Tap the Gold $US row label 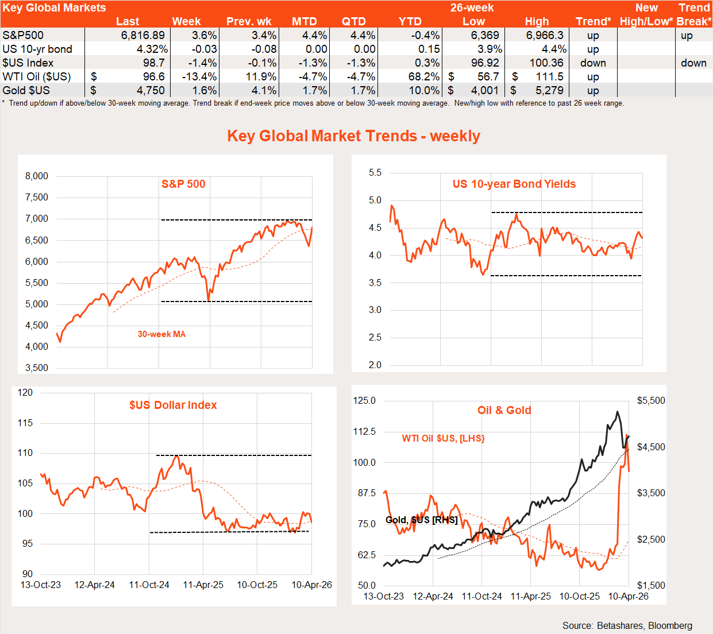[x=26, y=91]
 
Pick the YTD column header [x=410, y=22]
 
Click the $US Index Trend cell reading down [x=593, y=63]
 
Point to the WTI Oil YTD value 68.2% [x=424, y=77]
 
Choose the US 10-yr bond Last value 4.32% [x=152, y=49]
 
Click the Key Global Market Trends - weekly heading [x=353, y=136]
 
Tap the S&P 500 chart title [x=183, y=184]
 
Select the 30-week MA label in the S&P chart [x=161, y=334]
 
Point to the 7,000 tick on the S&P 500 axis [x=37, y=219]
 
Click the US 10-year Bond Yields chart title [x=514, y=184]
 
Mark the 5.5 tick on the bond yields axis [x=375, y=173]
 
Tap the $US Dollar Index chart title [x=173, y=405]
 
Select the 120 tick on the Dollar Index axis [x=25, y=393]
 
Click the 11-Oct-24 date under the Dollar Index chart [x=149, y=585]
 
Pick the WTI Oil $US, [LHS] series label [x=443, y=439]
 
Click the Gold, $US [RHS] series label [x=421, y=520]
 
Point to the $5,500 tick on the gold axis [x=651, y=401]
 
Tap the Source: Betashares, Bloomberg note [x=627, y=626]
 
